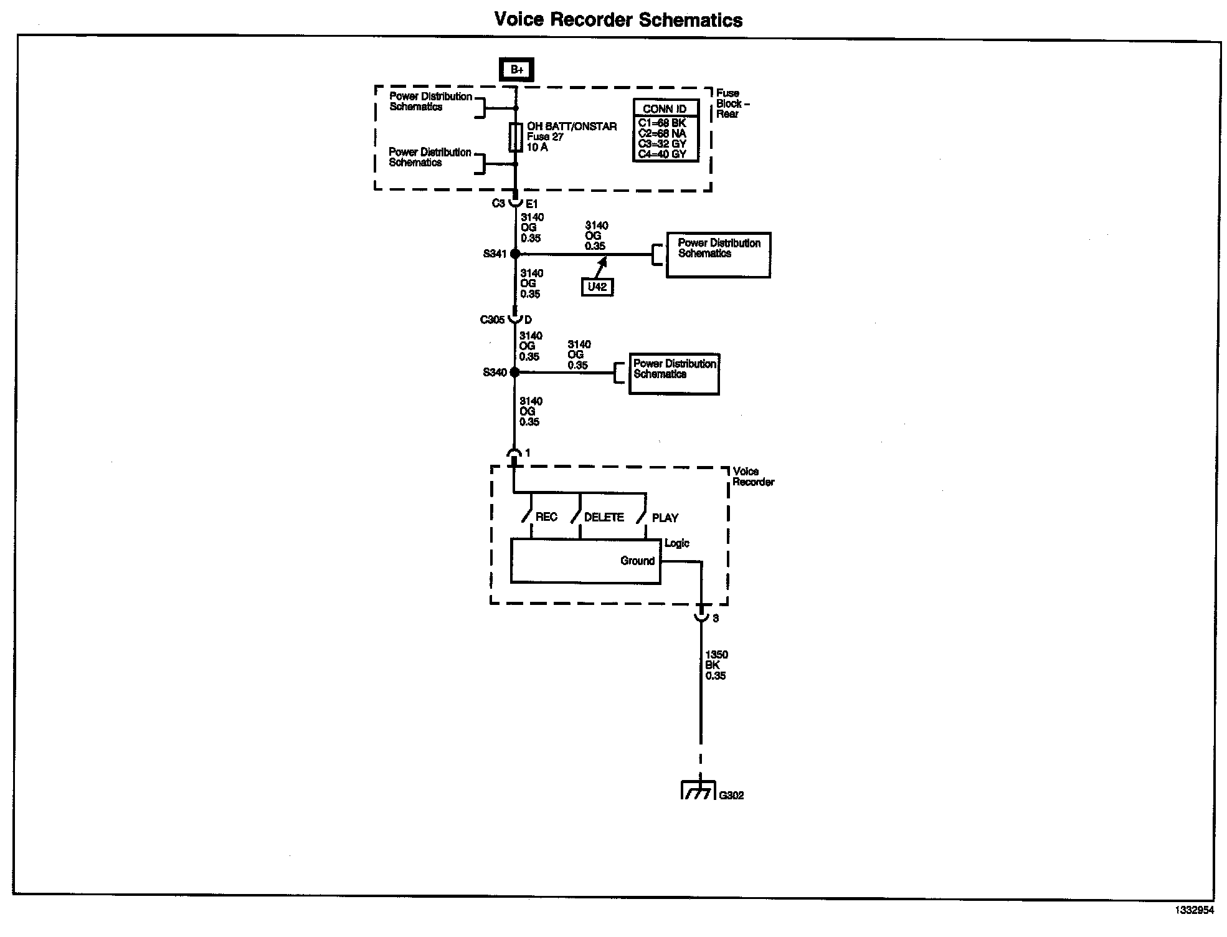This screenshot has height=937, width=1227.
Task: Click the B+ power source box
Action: pos(516,70)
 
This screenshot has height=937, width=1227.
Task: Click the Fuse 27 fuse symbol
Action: pos(516,138)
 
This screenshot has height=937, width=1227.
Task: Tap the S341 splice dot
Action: pos(515,254)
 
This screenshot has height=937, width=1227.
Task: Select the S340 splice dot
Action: pos(514,372)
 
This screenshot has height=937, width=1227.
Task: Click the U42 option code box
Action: pos(597,287)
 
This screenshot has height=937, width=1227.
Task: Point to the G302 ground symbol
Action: pos(698,791)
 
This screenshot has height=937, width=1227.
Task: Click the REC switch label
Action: pos(546,517)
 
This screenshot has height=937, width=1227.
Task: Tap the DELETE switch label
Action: pos(604,517)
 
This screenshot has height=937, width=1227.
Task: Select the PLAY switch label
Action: pos(665,518)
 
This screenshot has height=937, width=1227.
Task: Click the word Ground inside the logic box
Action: pos(637,561)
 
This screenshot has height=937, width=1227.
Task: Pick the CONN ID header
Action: pos(665,109)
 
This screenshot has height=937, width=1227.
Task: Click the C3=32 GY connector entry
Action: pos(662,144)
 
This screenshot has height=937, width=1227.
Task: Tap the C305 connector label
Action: pos(492,320)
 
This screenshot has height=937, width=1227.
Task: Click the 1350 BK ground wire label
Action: pos(716,665)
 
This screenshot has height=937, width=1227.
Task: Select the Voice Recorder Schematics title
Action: pos(618,20)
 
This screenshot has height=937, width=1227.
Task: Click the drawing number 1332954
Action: pos(1194,910)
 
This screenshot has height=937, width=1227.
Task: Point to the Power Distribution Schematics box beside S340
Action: pos(674,373)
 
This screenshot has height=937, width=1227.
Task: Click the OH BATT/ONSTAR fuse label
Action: pos(571,126)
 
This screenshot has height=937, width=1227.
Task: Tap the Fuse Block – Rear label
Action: pos(732,103)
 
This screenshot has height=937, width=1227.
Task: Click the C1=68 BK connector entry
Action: pos(662,123)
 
